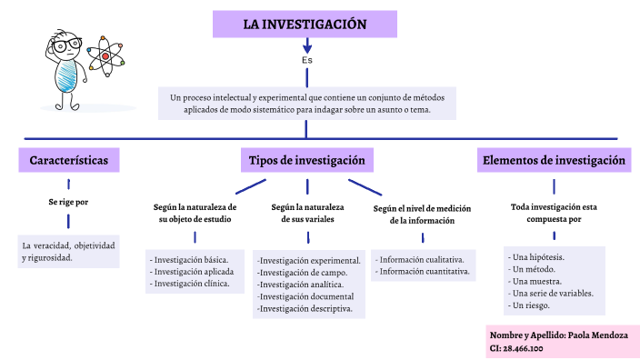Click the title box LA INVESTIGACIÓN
point(305,25)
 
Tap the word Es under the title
point(307,60)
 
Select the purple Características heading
point(69,161)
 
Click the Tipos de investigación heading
point(306,161)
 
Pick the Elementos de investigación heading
point(554,161)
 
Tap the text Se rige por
point(69,202)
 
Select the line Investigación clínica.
point(193,284)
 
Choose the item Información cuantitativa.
point(424,271)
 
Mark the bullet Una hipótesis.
point(537,257)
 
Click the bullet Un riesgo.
point(532,305)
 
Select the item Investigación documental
point(305,296)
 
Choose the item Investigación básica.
point(191,259)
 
